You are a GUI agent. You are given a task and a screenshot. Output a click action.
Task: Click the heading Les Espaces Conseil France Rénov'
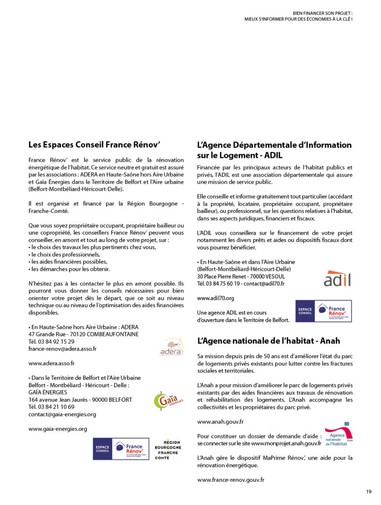click(95, 145)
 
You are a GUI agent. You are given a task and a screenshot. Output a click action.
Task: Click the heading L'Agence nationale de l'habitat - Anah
click(268, 341)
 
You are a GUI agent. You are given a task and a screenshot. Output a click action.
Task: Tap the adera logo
click(172, 346)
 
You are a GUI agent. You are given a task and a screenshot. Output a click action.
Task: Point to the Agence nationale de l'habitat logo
click(339, 434)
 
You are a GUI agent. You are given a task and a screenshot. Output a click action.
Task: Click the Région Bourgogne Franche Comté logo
click(168, 450)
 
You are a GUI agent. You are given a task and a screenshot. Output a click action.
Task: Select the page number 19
click(369, 491)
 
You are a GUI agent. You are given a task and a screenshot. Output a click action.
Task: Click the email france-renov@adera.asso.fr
click(63, 349)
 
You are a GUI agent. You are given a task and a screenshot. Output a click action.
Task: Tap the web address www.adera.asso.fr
click(51, 363)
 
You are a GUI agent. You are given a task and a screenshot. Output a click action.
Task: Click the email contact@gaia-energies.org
click(62, 414)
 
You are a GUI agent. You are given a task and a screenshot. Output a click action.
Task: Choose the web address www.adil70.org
click(215, 298)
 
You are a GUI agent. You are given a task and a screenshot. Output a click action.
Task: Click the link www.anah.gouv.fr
click(220, 422)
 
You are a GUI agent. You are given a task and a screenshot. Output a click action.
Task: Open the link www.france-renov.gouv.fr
click(231, 479)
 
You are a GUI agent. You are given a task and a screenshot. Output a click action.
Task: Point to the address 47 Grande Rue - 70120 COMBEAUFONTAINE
click(83, 334)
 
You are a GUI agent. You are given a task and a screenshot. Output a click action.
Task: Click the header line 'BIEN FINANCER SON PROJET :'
click(323, 13)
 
